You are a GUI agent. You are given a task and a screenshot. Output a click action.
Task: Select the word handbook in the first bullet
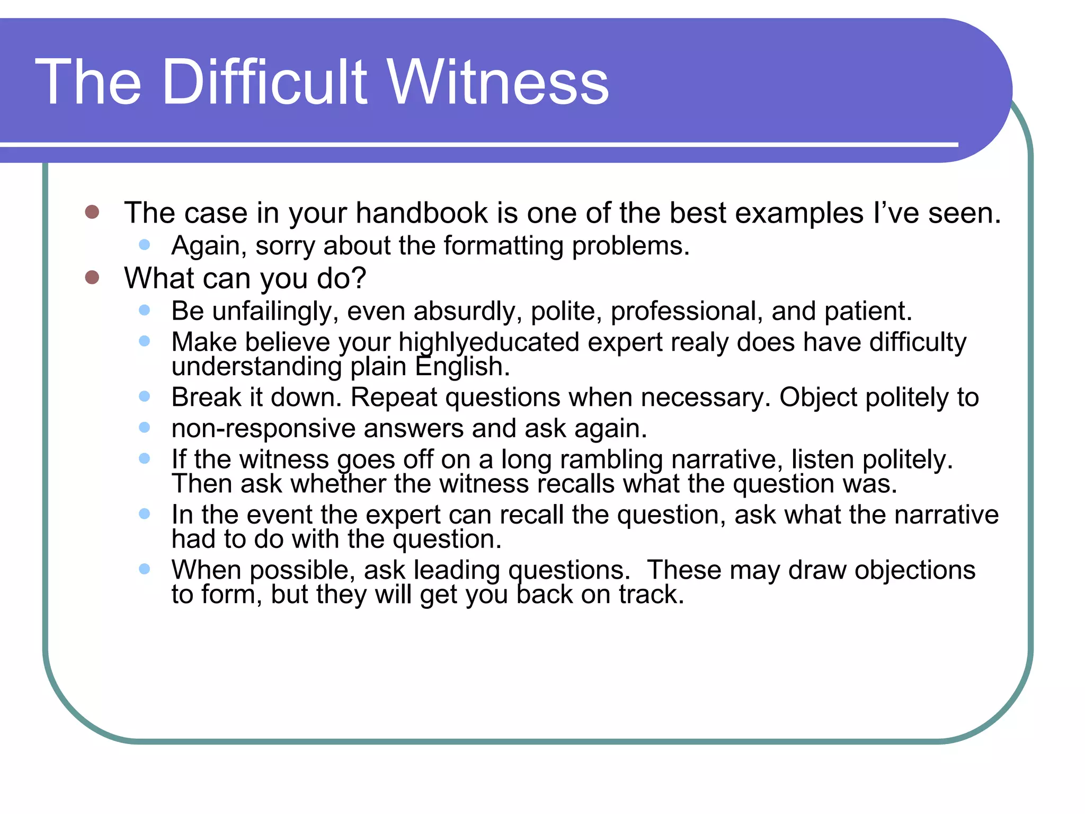pos(422,214)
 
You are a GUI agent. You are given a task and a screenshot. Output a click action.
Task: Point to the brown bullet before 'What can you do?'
pos(92,277)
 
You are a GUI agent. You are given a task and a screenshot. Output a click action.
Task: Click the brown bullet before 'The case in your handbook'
pos(92,212)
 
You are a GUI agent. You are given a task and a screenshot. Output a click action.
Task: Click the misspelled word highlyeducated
pos(488,343)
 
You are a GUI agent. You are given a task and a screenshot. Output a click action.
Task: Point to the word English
pos(462,367)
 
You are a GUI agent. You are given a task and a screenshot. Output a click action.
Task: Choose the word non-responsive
pos(264,429)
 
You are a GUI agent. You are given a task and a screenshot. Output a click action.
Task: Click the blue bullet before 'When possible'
pos(144,569)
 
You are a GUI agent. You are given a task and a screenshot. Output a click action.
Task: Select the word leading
pos(457,571)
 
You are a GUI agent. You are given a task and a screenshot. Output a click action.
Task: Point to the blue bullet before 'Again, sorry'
pos(144,245)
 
